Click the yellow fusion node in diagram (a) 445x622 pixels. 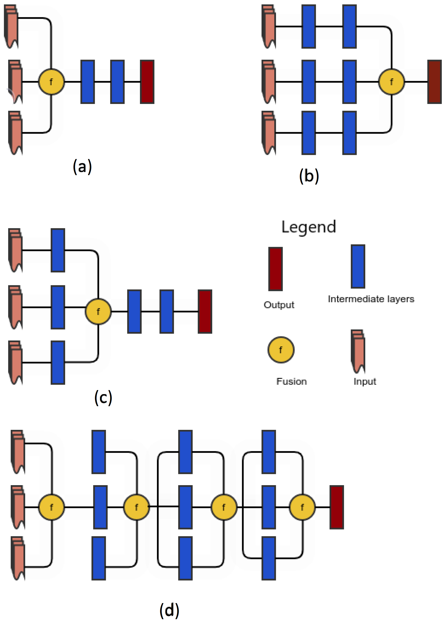coord(51,82)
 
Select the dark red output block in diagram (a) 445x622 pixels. coord(147,82)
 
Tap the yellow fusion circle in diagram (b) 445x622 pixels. coord(391,82)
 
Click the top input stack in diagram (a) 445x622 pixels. coord(11,26)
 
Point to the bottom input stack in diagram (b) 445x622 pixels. coord(269,133)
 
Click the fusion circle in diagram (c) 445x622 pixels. coord(98,311)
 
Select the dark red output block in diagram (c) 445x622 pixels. coord(205,311)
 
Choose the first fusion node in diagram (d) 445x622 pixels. coord(52,507)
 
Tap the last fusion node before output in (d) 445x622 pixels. coord(302,507)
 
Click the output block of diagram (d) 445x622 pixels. coord(336,507)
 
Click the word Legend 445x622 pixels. coord(308,227)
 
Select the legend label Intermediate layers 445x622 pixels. coord(371,299)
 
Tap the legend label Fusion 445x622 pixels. coord(292,381)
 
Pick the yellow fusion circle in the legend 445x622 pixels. coord(281,350)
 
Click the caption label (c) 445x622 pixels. coord(103,397)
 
